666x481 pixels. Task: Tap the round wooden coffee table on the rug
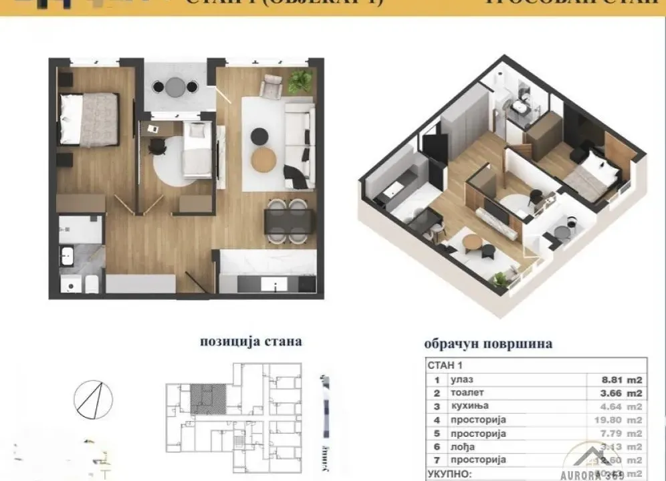pyautogui.click(x=263, y=158)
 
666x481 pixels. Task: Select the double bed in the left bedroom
pyautogui.click(x=89, y=119)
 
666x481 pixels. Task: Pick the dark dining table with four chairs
pyautogui.click(x=288, y=220)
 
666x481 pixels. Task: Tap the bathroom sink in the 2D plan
pyautogui.click(x=68, y=255)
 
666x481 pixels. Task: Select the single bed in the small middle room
pyautogui.click(x=197, y=150)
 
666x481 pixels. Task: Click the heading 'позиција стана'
pyautogui.click(x=251, y=341)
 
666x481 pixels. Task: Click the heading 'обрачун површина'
pyautogui.click(x=488, y=345)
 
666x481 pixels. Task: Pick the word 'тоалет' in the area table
pyautogui.click(x=467, y=393)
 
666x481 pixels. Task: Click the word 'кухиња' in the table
pyautogui.click(x=469, y=406)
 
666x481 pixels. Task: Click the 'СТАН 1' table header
pyautogui.click(x=445, y=365)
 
